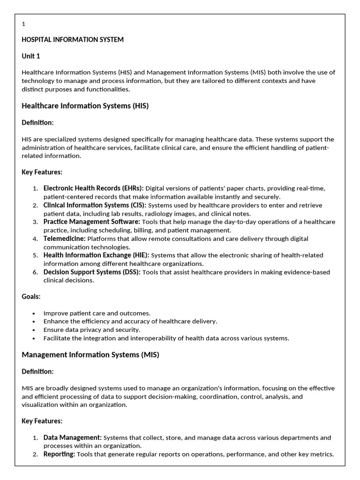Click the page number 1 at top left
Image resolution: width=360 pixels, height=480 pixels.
[23, 24]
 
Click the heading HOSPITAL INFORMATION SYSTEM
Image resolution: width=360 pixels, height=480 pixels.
[73, 40]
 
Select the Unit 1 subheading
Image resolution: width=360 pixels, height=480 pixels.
[31, 56]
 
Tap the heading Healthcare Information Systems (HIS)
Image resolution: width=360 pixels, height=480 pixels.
[85, 106]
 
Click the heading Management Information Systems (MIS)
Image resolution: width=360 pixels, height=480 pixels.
[90, 355]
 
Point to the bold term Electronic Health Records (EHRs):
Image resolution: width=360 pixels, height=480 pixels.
[93, 188]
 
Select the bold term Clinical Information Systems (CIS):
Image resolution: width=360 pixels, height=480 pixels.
[95, 205]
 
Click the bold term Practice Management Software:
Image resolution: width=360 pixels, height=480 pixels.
[91, 222]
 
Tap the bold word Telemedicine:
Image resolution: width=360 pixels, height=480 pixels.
[64, 239]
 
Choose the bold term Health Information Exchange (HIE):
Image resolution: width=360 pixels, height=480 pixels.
[96, 255]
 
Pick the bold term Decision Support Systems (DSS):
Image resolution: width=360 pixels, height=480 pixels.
[92, 272]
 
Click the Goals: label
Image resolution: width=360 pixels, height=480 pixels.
[31, 297]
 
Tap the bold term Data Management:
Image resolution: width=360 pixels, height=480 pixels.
[72, 437]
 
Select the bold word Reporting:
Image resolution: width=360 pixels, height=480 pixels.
[59, 454]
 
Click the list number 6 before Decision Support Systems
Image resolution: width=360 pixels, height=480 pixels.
[35, 272]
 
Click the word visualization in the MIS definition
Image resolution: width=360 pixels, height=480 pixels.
[41, 405]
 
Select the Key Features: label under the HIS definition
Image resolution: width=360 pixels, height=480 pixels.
[42, 172]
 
